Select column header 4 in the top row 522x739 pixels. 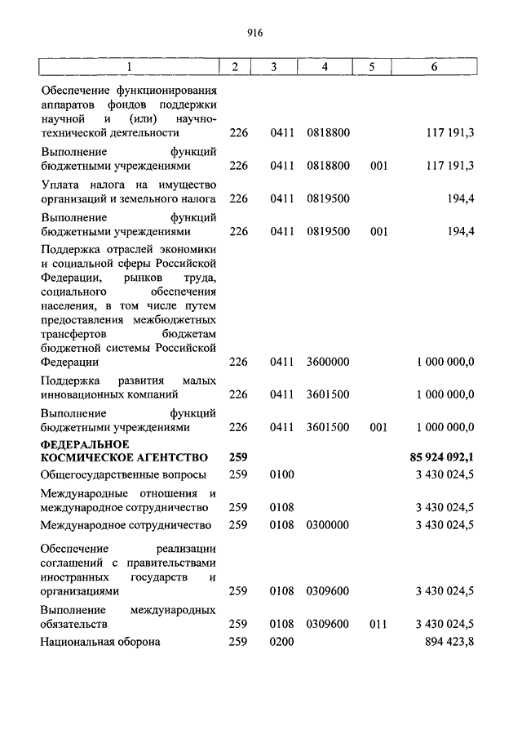[x=325, y=67]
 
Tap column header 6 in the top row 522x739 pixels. [x=435, y=67]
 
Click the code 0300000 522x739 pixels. [x=327, y=524]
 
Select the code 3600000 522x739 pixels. [x=327, y=362]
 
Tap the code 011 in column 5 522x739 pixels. [x=377, y=624]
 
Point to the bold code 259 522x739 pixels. [x=237, y=457]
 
